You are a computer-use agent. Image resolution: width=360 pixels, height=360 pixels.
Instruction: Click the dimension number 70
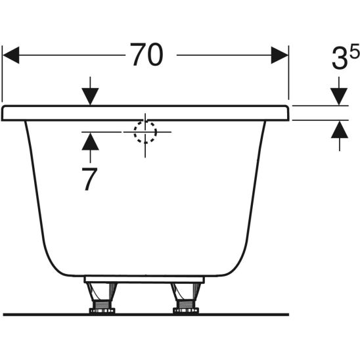[146, 55]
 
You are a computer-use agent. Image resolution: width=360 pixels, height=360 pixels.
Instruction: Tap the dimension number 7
[89, 179]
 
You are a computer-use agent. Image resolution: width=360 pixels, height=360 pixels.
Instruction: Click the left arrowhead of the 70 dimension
[11, 55]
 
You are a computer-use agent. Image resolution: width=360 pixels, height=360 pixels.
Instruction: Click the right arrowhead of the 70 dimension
[280, 55]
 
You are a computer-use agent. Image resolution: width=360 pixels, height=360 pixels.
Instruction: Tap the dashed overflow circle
[145, 132]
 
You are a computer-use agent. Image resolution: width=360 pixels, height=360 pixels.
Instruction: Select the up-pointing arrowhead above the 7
[90, 142]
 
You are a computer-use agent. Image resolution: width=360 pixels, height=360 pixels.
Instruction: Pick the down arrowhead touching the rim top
[90, 97]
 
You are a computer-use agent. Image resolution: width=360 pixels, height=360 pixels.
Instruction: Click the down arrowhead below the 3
[339, 97]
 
